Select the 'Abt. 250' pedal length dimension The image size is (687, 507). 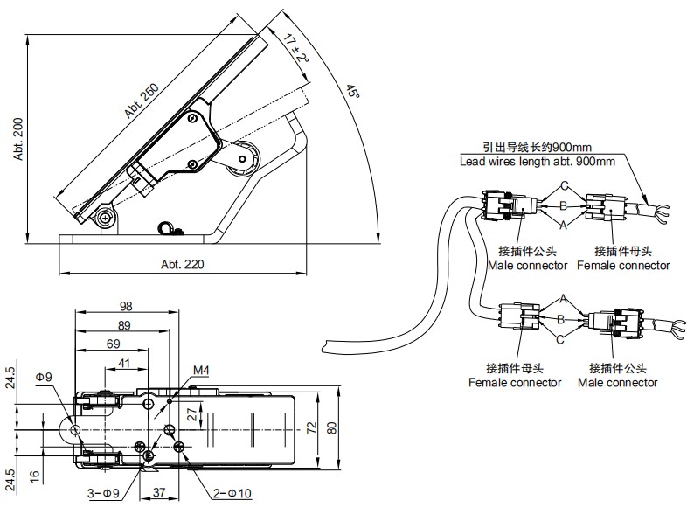click(142, 104)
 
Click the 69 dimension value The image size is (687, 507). click(114, 344)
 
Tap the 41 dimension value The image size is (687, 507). click(122, 364)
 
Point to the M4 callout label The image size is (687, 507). click(201, 371)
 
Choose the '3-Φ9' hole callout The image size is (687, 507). click(103, 494)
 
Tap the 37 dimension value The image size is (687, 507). click(160, 494)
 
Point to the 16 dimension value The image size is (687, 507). click(9, 476)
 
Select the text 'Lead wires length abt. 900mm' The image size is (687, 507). click(537, 162)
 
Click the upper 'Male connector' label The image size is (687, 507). click(527, 266)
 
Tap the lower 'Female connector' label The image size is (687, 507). click(515, 383)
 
